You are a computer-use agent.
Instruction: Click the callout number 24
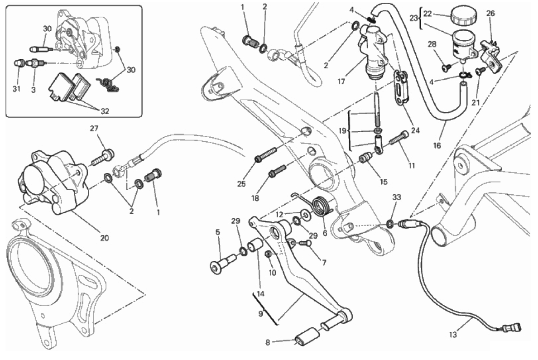pos(415,131)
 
